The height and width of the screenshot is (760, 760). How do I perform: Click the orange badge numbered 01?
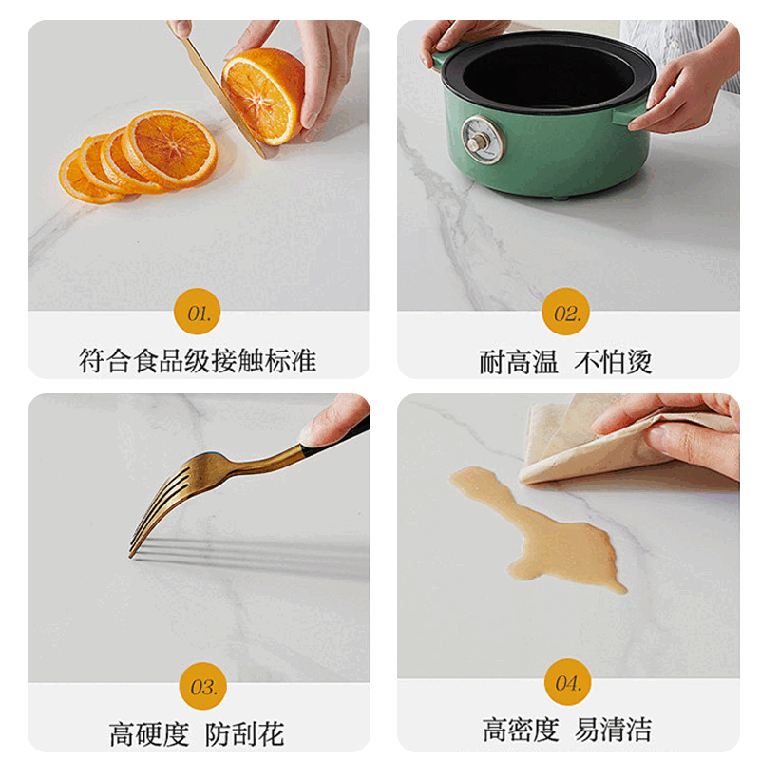tap(198, 312)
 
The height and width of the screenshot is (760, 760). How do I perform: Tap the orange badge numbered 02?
tap(566, 312)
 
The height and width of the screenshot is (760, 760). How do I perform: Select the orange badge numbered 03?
tap(202, 686)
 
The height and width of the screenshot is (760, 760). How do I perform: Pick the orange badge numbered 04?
tap(567, 682)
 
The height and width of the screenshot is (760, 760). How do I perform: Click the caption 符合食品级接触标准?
tap(198, 361)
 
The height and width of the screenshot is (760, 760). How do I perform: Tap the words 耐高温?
tap(519, 362)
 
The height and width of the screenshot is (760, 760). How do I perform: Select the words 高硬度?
tap(149, 733)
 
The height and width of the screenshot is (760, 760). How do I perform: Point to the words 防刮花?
tap(244, 733)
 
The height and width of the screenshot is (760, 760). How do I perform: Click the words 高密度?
tap(520, 730)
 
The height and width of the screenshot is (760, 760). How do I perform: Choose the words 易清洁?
tap(614, 730)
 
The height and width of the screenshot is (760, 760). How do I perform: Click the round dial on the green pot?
tap(482, 141)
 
